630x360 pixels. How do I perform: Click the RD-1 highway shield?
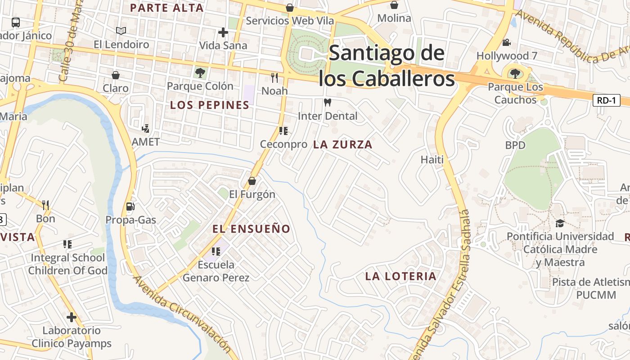(606, 100)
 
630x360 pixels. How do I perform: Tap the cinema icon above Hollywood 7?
(507, 43)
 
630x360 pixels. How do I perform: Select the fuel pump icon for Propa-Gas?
(130, 207)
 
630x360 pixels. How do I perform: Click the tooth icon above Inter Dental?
(328, 103)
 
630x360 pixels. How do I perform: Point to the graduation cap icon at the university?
(560, 223)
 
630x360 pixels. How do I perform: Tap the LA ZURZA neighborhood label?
(343, 144)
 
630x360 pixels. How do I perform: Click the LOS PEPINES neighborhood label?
(210, 105)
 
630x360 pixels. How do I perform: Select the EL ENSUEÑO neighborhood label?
(252, 229)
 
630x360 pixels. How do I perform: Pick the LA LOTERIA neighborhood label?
(401, 276)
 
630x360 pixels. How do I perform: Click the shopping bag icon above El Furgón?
(252, 181)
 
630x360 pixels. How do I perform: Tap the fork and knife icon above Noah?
(274, 78)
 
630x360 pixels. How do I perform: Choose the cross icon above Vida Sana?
(223, 32)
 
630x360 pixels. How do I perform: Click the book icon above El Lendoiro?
(121, 31)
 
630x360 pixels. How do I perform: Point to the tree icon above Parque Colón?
(200, 72)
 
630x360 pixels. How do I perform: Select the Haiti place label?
(432, 159)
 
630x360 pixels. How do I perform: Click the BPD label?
(515, 145)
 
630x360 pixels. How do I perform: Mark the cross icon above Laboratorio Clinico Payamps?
(72, 317)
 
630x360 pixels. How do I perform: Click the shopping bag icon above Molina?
(394, 5)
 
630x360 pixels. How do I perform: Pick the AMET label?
(145, 142)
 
